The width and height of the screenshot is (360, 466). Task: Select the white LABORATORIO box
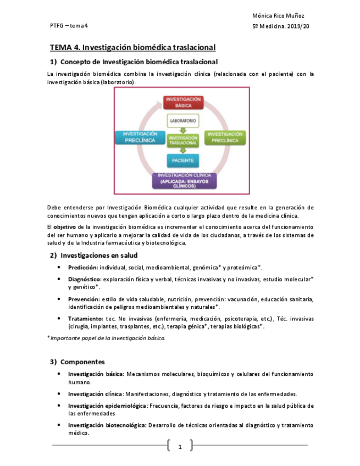pos(182,120)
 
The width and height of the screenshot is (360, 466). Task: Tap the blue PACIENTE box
pos(182,161)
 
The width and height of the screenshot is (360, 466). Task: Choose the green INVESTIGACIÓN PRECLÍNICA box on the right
pos(225,137)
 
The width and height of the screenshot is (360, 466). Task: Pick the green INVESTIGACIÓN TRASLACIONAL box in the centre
pos(182,140)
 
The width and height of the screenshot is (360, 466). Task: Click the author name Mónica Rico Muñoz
pos(278,16)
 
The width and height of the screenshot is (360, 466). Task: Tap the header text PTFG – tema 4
pos(69,26)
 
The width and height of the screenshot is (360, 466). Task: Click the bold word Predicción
pos(82,268)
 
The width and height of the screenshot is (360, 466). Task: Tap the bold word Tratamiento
pos(85,318)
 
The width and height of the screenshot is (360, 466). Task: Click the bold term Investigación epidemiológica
pos(107,406)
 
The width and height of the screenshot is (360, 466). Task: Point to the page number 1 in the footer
pos(180,447)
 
